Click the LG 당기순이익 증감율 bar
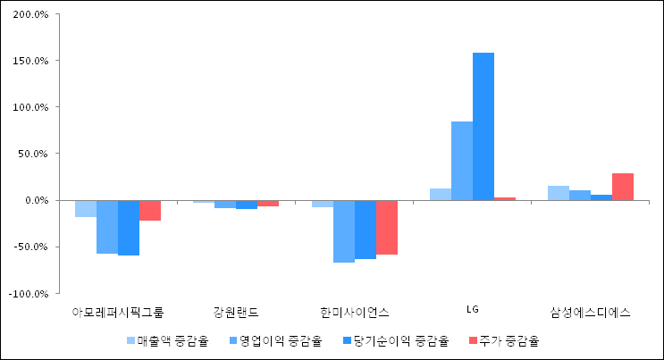point(483,126)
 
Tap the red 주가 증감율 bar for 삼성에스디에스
point(623,187)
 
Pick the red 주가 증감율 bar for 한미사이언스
point(387,227)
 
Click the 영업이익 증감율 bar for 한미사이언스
point(344,231)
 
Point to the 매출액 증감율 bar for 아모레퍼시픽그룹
point(86,208)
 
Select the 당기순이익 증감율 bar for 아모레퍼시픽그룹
point(129,228)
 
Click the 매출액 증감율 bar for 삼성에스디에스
point(559,193)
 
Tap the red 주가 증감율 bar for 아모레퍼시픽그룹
point(150,210)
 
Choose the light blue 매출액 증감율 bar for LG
point(441,194)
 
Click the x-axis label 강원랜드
point(236,312)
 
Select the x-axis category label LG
point(473,310)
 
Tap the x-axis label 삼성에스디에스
point(590,312)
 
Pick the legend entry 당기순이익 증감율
point(394,340)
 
